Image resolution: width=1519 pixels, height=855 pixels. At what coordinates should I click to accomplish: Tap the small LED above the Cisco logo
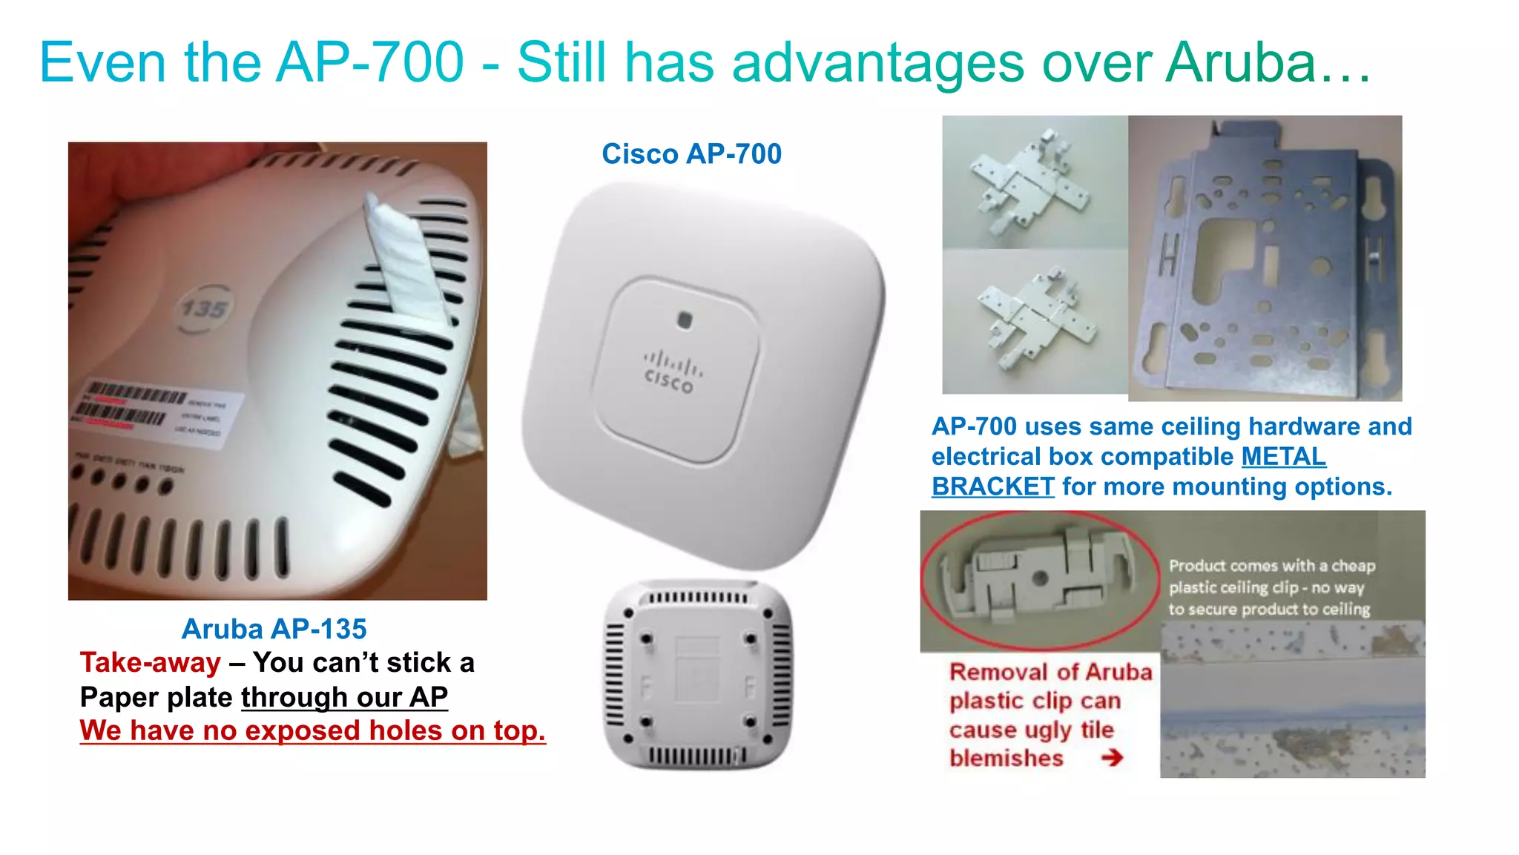685,320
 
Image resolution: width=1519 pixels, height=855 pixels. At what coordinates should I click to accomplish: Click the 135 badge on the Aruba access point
204,307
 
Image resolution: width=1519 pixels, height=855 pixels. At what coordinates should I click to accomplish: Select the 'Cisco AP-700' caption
691,154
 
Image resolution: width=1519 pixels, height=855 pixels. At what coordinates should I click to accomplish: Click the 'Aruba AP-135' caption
274,629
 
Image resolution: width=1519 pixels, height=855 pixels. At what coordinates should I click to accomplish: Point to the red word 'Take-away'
151,662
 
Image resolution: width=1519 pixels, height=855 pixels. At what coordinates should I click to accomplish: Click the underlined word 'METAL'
1283,457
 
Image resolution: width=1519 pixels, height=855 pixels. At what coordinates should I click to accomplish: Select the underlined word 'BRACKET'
992,487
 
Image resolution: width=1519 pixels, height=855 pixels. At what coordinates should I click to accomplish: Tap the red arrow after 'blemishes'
1111,758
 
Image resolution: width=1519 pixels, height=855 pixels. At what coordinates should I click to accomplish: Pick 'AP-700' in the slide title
369,62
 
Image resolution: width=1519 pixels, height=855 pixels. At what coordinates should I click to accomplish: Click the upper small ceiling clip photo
1034,182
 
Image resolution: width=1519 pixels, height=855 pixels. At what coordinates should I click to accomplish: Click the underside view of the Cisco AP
698,675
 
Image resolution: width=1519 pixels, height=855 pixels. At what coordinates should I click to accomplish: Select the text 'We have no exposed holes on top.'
312,731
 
